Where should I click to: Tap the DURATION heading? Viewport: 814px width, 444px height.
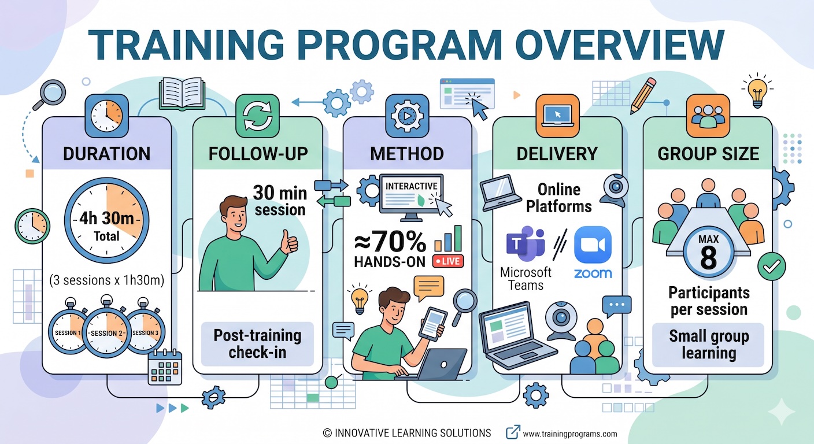click(x=106, y=153)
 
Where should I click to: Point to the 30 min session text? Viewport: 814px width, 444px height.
click(x=279, y=200)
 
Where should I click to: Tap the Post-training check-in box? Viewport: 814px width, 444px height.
click(x=257, y=343)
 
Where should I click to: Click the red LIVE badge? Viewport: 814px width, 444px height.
click(x=448, y=261)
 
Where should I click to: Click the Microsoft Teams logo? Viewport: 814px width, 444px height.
click(x=525, y=244)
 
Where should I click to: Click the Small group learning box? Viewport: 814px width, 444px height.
click(x=709, y=345)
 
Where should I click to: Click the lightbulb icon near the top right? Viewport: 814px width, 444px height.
click(x=757, y=91)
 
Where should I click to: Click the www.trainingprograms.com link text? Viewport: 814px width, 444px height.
click(x=569, y=434)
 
